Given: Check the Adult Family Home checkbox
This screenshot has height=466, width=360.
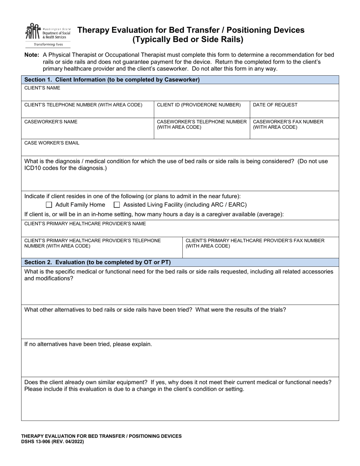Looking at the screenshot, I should (49, 205).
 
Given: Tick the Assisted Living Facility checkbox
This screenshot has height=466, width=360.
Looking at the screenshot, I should (117, 205).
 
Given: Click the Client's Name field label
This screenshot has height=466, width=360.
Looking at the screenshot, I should (42, 88).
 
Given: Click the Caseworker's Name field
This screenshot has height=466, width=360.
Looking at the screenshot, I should (88, 129).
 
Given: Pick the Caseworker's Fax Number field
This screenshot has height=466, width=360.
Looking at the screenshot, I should (294, 129).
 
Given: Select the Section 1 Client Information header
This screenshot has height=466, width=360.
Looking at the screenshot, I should (112, 80).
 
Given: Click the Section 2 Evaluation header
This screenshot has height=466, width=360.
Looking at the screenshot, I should (97, 262).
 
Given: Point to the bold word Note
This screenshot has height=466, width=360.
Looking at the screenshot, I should (31, 55).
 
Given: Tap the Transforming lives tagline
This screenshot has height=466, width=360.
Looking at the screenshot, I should (48, 44).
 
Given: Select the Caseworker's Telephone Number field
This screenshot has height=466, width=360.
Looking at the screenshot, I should (202, 129).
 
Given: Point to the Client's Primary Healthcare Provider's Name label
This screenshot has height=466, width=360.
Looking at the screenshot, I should (85, 224).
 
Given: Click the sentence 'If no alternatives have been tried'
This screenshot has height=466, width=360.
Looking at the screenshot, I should (88, 344).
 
